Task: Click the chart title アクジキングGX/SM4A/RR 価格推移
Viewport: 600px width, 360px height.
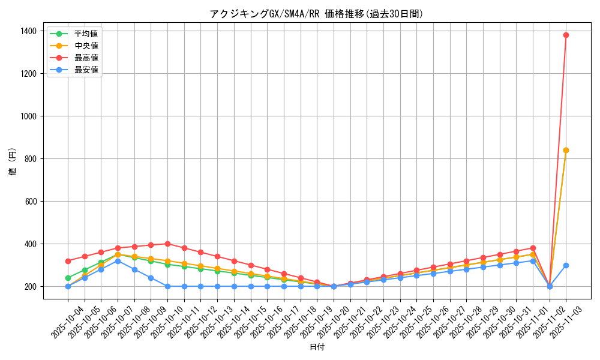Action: point(316,14)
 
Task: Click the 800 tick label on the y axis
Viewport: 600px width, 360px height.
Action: point(31,159)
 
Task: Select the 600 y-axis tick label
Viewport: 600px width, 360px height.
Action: point(31,202)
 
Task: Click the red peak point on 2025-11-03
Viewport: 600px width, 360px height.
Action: point(566,35)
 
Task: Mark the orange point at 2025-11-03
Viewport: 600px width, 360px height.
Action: point(566,150)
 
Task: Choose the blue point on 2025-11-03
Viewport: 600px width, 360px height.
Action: point(566,265)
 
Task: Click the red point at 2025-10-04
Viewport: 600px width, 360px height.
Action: point(68,261)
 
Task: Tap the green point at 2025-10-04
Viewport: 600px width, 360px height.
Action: point(68,278)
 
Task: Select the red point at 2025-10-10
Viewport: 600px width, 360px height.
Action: point(167,244)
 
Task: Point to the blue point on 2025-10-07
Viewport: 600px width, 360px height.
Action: point(118,261)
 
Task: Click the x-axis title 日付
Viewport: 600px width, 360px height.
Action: point(316,347)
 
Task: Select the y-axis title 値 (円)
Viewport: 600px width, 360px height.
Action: point(12,162)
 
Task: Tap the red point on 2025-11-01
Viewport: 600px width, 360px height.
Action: point(533,248)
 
